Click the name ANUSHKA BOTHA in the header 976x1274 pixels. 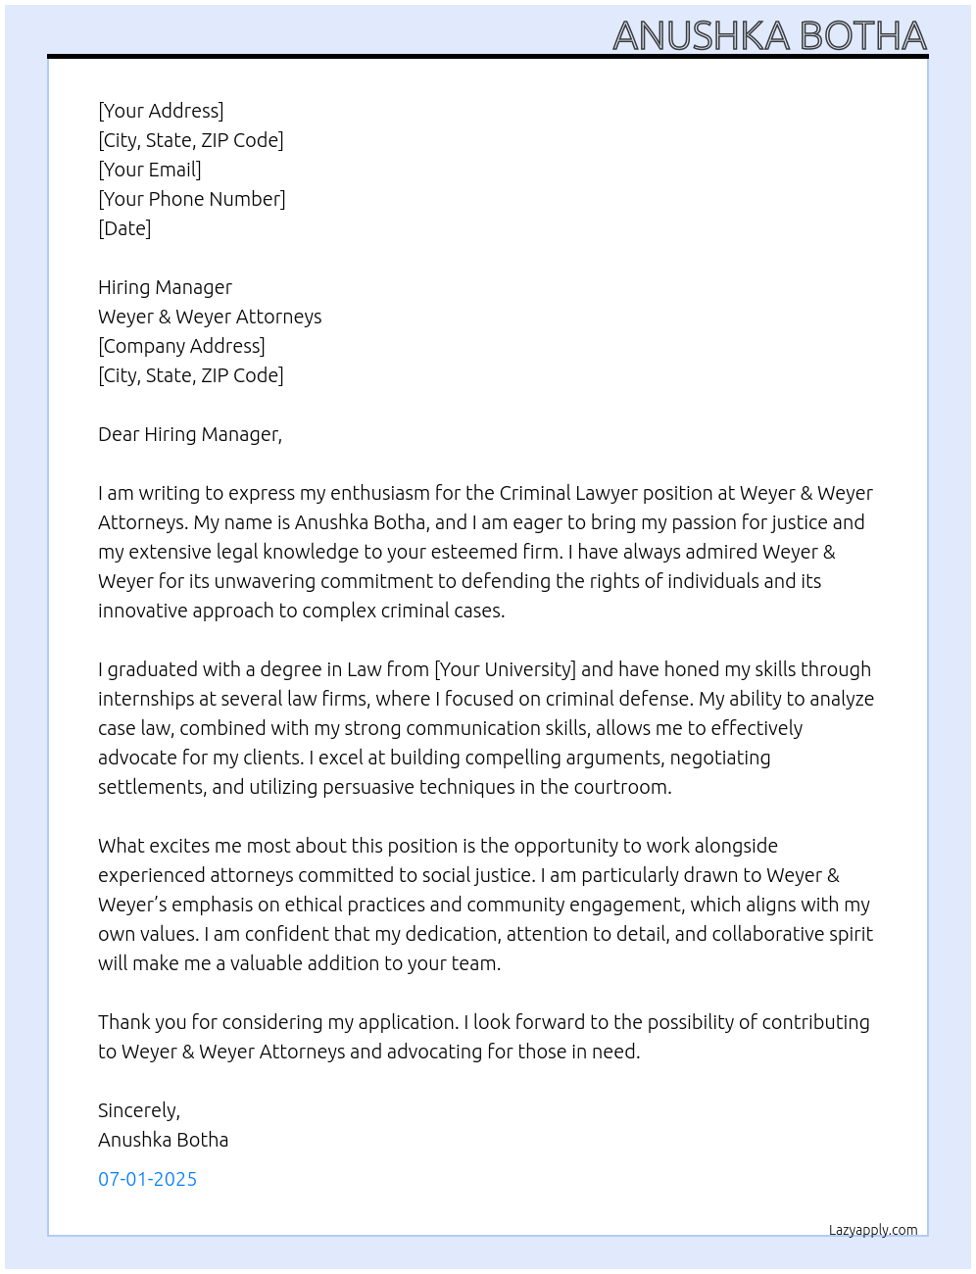[x=769, y=36]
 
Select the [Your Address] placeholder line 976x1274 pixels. [x=161, y=111]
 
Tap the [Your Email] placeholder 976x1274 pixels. [x=150, y=170]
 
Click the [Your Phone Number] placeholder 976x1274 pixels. [x=192, y=199]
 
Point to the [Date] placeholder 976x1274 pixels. [x=124, y=228]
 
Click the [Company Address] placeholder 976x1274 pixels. [x=181, y=346]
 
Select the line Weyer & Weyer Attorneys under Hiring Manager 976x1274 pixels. [x=210, y=317]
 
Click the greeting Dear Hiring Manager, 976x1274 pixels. [x=190, y=434]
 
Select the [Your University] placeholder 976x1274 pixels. [x=505, y=669]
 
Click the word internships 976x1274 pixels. [x=146, y=699]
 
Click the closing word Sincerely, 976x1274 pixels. [x=139, y=1110]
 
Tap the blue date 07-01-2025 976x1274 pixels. [x=147, y=1179]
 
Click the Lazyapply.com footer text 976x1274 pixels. [x=873, y=1230]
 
